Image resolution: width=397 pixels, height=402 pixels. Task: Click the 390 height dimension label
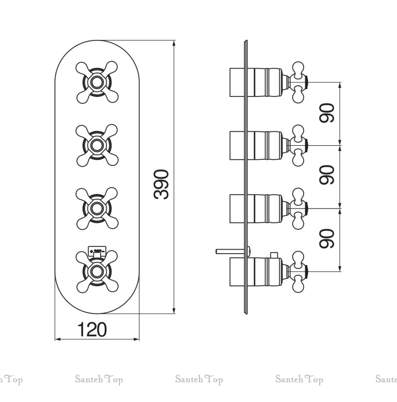coord(161,184)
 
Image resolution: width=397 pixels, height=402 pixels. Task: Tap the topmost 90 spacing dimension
coord(326,113)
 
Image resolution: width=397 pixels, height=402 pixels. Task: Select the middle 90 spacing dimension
coord(326,175)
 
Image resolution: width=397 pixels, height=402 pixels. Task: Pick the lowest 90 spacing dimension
coord(326,239)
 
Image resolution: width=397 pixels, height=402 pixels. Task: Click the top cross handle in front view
coord(96,82)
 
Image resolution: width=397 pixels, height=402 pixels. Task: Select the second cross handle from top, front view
coord(96,144)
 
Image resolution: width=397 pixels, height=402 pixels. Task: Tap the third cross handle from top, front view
coord(96,207)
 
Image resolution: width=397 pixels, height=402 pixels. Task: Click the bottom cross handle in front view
coord(96,270)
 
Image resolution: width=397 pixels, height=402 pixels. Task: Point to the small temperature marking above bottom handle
coord(96,251)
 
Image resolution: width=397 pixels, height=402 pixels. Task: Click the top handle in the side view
coord(298,82)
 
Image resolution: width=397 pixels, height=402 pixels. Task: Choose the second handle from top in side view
coord(298,144)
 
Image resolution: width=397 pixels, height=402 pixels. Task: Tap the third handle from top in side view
coord(298,207)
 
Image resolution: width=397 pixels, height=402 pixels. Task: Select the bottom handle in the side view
coord(298,270)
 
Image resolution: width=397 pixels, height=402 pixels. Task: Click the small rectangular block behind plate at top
coord(238,82)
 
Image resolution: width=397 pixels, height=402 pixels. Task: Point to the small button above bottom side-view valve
coord(273,255)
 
